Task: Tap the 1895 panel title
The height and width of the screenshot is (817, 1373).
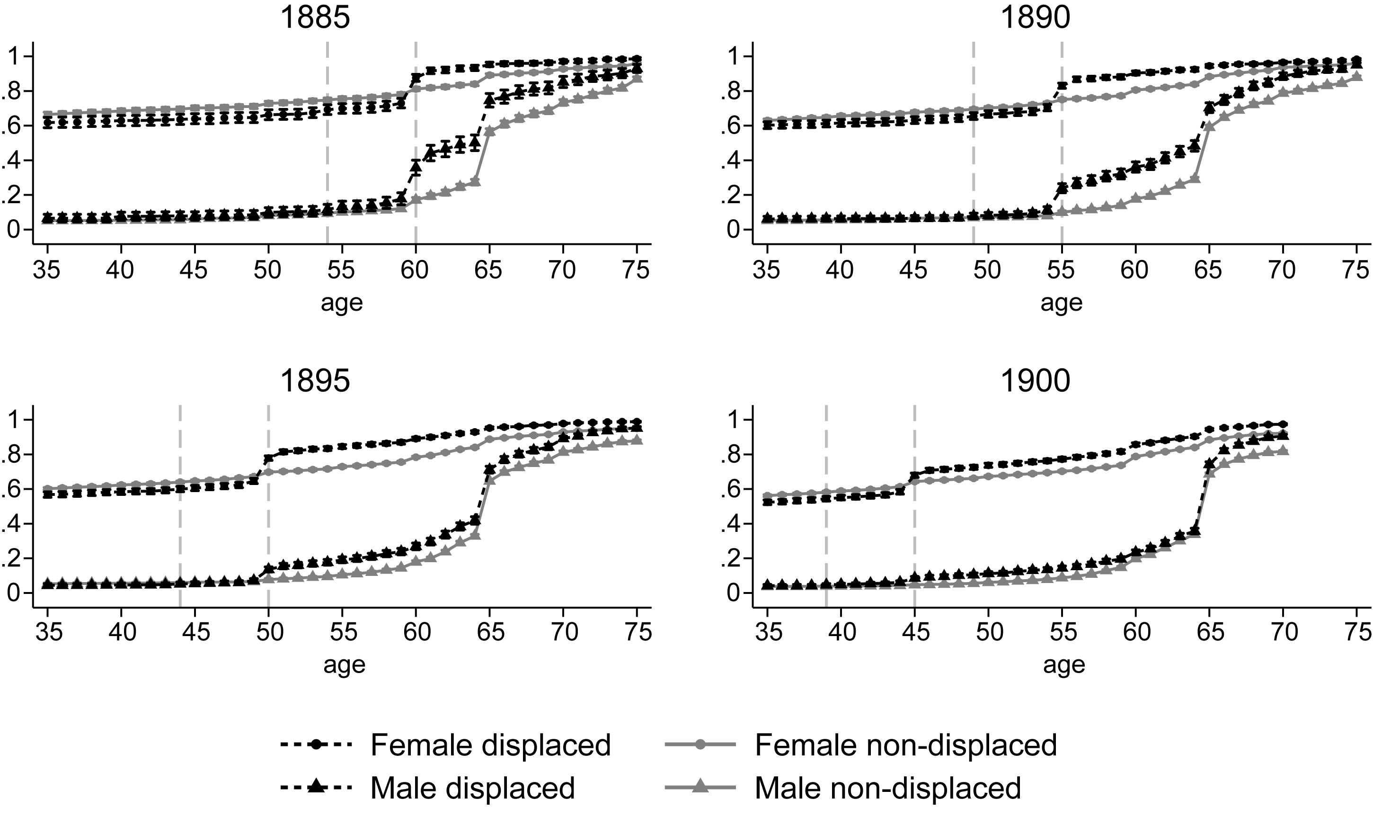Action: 315,380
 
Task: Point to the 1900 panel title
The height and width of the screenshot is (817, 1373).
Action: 1035,380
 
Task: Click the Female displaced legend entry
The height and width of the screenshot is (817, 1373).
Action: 445,745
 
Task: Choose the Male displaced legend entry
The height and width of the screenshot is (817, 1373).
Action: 427,788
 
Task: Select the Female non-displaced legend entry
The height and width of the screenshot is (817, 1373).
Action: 861,745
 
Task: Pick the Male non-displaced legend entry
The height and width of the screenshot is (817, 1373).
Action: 843,788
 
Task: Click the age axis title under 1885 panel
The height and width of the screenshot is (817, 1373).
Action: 342,303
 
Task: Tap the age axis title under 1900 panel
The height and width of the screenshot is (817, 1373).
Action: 1064,665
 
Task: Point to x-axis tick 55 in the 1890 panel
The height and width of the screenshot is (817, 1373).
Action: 1062,270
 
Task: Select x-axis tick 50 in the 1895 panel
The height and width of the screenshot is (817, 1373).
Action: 268,631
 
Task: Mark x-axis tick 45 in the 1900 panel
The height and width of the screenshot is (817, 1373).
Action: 915,631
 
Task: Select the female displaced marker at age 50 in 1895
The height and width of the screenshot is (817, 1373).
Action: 268,458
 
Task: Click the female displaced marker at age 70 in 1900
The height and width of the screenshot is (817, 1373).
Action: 1283,424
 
